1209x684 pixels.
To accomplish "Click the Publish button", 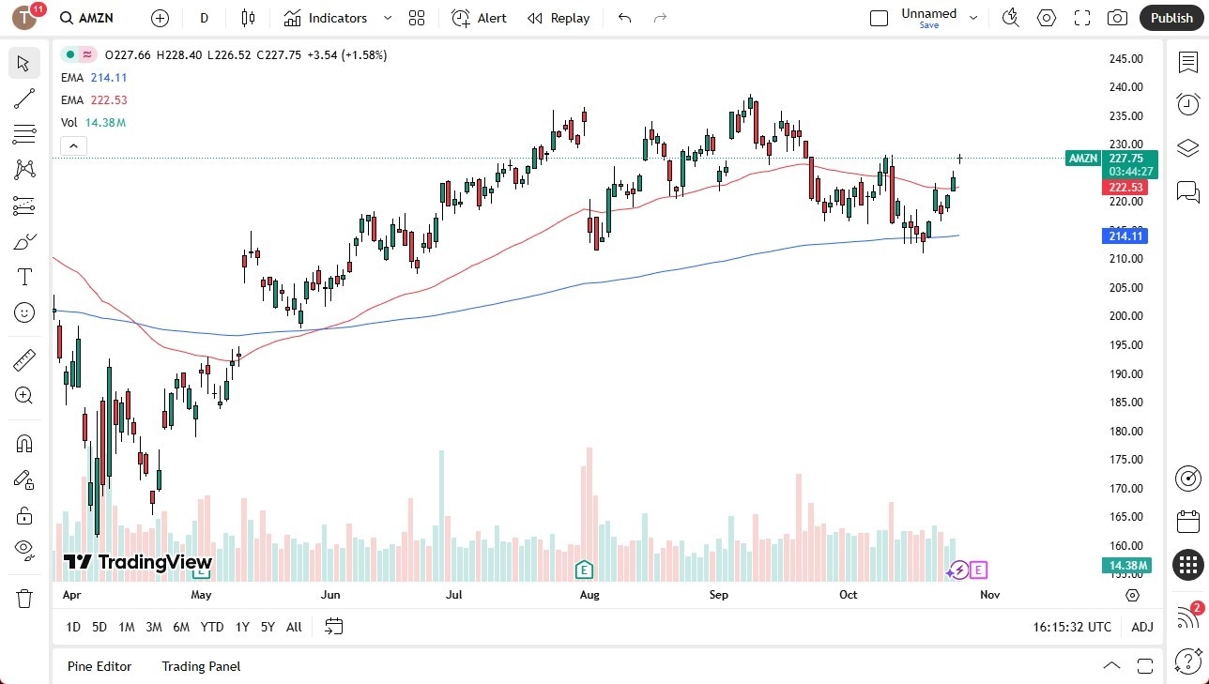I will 1171,18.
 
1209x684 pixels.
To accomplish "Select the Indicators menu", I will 337,18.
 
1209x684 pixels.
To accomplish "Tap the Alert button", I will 479,18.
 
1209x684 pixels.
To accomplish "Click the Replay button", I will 559,18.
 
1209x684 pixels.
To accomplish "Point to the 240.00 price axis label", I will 1125,87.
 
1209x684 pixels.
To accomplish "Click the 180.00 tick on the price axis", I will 1125,432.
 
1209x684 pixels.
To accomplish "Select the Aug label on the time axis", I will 589,595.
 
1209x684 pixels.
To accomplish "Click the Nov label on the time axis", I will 989,595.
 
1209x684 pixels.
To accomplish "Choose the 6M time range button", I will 181,627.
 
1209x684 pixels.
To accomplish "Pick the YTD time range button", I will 212,627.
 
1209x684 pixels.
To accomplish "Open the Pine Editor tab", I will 99,666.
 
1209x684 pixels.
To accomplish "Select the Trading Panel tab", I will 201,666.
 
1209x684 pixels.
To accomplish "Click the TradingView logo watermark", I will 138,562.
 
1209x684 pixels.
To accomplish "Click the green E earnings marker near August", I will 584,570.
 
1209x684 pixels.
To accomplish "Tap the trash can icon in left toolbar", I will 24,598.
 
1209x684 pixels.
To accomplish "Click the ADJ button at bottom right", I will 1142,627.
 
